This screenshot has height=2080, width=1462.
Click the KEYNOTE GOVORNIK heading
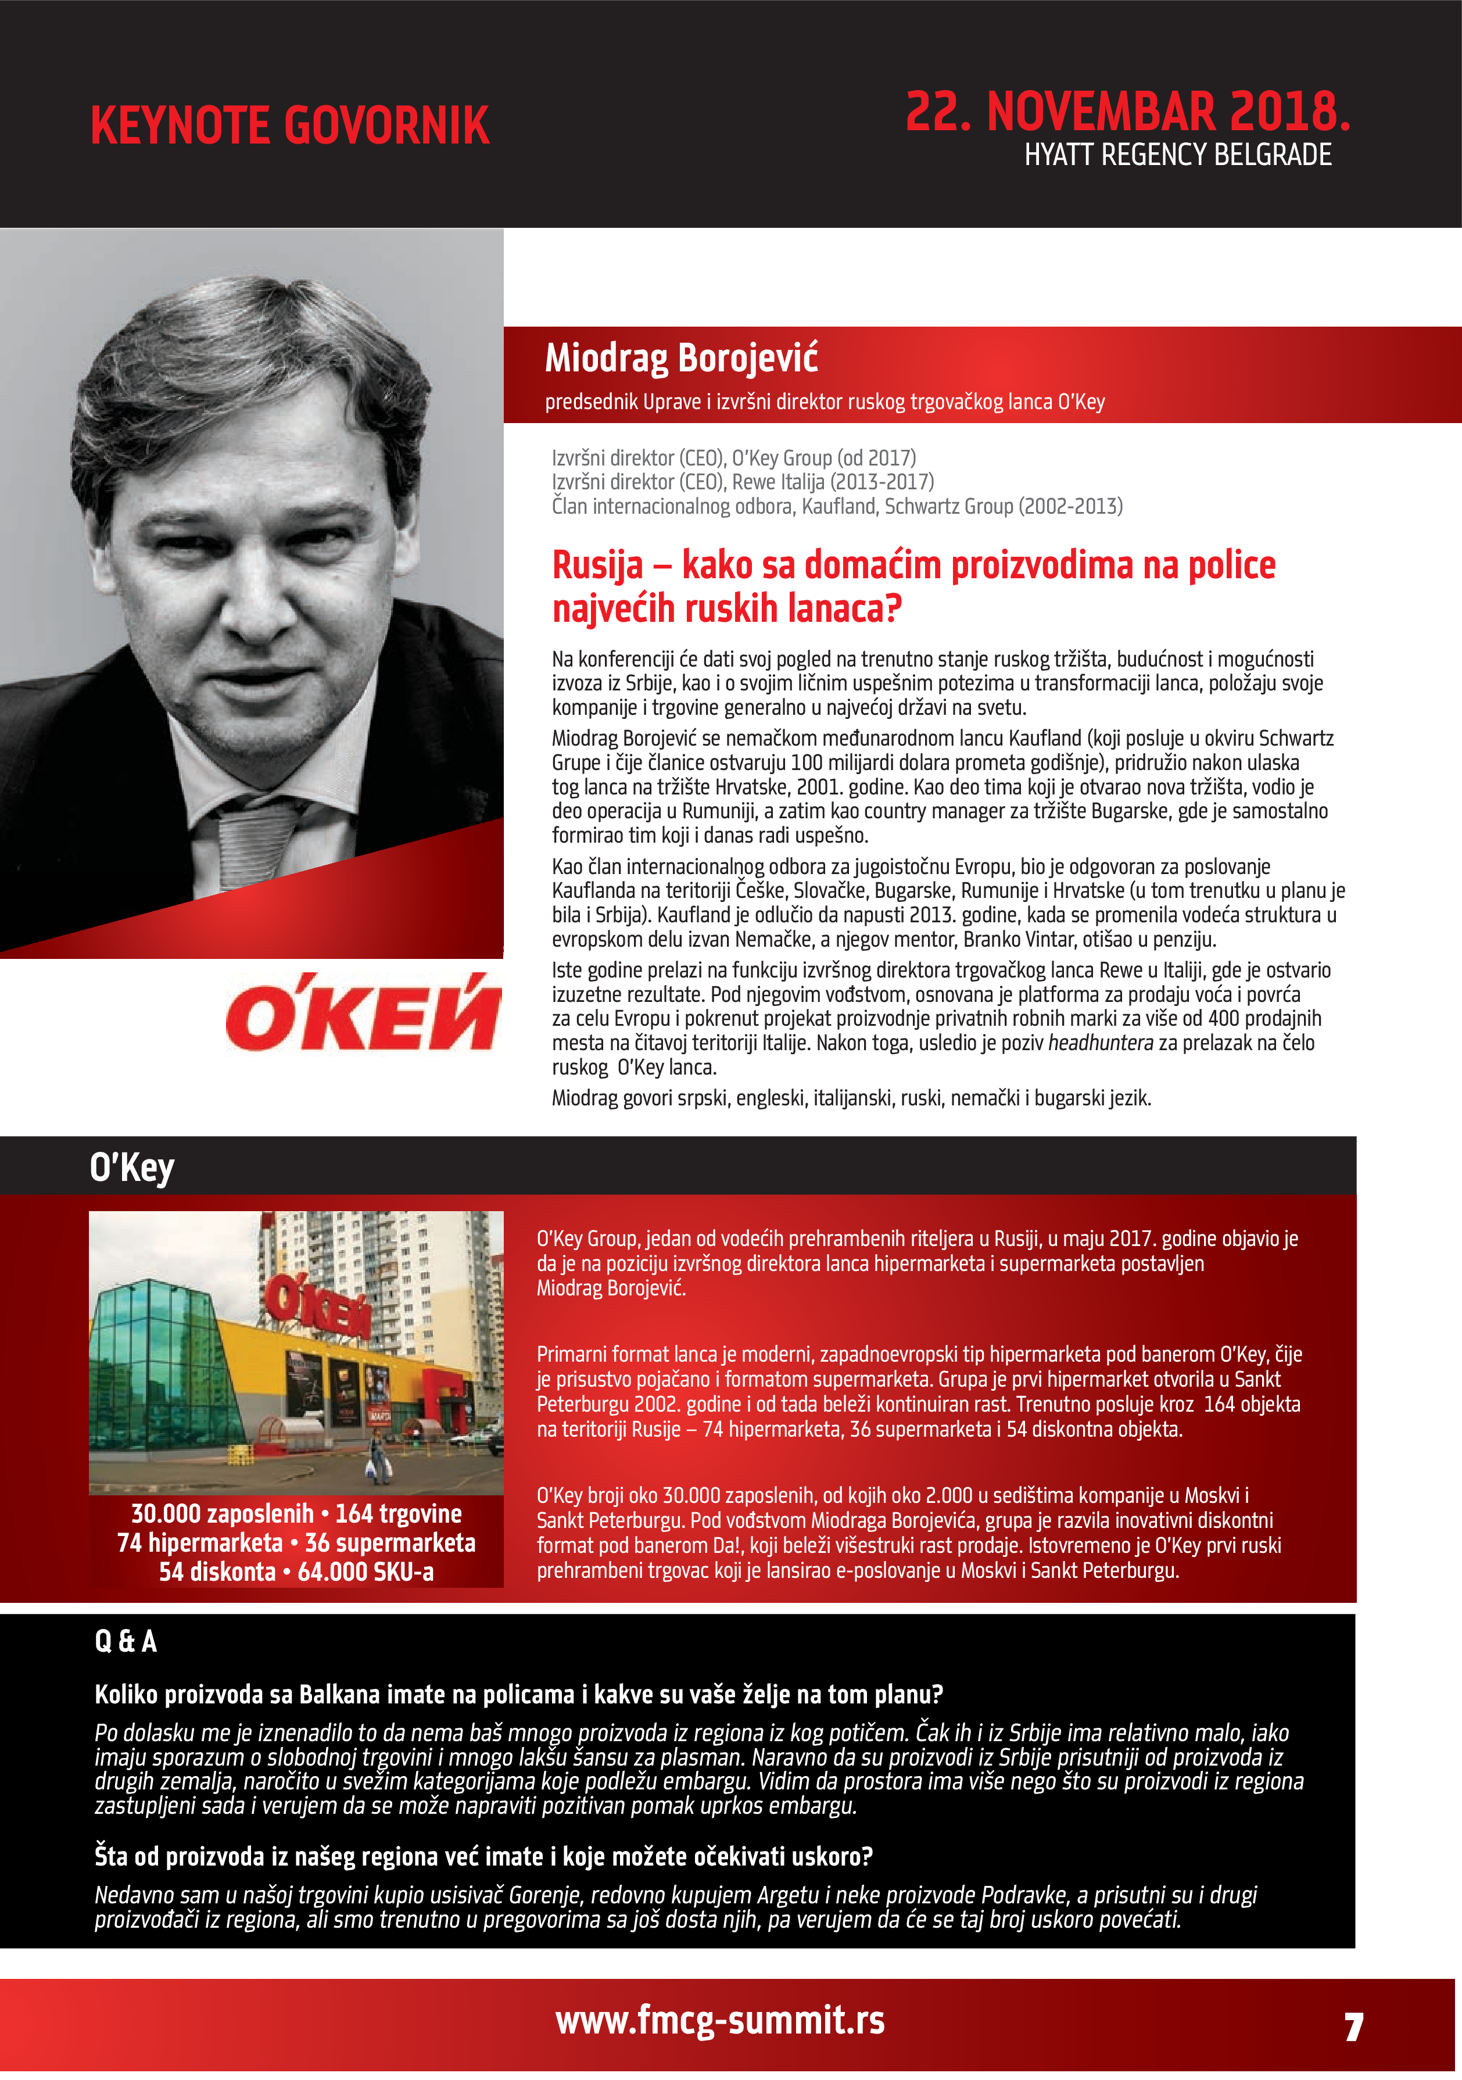[290, 126]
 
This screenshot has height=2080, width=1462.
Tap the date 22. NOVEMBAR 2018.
[1128, 112]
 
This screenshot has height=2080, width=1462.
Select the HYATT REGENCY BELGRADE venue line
[1178, 156]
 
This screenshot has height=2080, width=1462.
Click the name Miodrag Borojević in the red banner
[681, 358]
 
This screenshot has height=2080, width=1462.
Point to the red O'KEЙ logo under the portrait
[363, 1013]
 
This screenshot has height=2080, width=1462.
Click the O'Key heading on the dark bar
[132, 1168]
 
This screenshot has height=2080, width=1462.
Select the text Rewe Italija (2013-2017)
[833, 482]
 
